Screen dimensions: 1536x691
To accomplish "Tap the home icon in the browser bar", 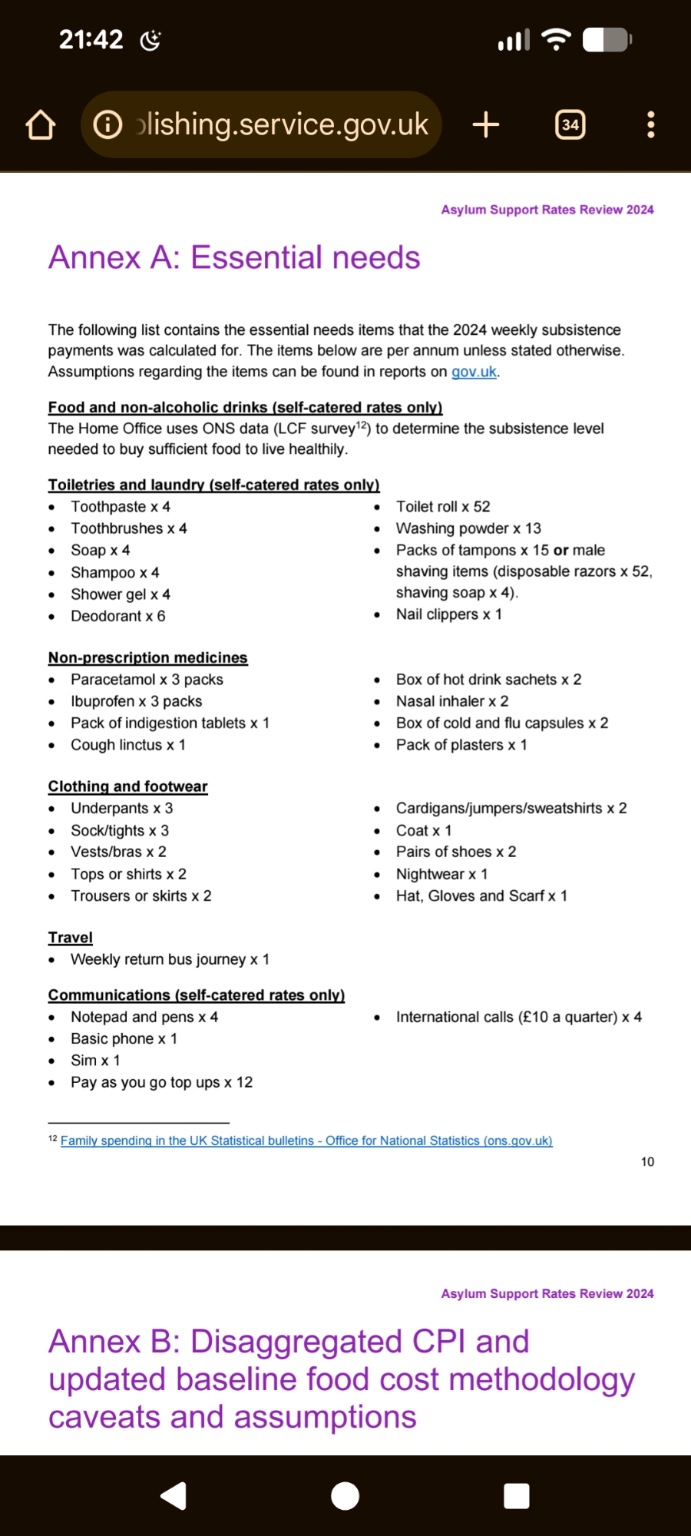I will click(41, 125).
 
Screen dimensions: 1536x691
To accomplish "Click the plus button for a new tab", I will click(485, 124).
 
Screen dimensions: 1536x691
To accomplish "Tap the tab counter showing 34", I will click(570, 124).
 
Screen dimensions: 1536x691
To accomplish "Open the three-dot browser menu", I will click(650, 124).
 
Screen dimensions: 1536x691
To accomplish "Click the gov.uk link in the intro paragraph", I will click(474, 372).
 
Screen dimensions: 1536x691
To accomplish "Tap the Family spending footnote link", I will click(306, 1140).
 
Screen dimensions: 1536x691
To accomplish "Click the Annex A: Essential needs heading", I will click(234, 257).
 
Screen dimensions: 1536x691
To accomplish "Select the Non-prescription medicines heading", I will click(147, 657).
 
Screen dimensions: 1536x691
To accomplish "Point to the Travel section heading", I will click(70, 937).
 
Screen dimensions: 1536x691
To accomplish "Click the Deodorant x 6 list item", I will click(117, 616).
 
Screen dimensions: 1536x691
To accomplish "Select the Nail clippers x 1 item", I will click(448, 614).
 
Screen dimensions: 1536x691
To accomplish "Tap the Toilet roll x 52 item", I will click(442, 507).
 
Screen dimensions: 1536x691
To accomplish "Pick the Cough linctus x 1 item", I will click(127, 745).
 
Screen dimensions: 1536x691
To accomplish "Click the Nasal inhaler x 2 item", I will click(451, 701).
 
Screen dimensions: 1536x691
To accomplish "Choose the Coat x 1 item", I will click(423, 830).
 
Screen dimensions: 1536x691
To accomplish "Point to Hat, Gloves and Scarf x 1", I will click(481, 895).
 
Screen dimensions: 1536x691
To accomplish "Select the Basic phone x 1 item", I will click(124, 1038).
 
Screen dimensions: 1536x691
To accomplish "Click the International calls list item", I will click(518, 1017).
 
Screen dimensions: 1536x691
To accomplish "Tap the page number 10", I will click(647, 1162).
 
